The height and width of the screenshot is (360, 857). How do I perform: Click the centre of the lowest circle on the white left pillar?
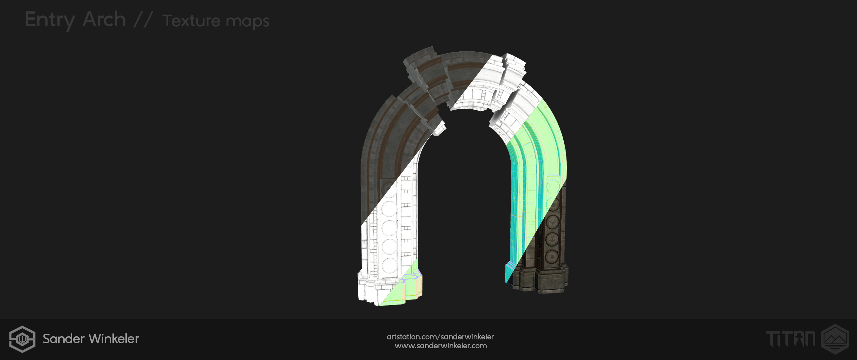click(389, 265)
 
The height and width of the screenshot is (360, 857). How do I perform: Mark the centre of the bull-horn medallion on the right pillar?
click(552, 222)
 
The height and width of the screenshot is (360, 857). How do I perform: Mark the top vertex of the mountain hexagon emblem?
click(835, 325)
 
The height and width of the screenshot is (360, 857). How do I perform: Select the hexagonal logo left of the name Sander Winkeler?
click(22, 339)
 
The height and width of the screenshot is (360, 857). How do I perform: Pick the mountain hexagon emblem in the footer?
click(835, 339)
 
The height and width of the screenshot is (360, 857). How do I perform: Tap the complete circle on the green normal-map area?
click(553, 186)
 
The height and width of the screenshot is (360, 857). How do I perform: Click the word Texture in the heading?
click(192, 21)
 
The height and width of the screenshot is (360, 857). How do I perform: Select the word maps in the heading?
click(247, 22)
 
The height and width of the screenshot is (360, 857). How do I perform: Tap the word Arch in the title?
click(104, 19)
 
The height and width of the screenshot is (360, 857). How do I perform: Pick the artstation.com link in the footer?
click(440, 337)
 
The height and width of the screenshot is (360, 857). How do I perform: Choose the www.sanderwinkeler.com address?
click(441, 346)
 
